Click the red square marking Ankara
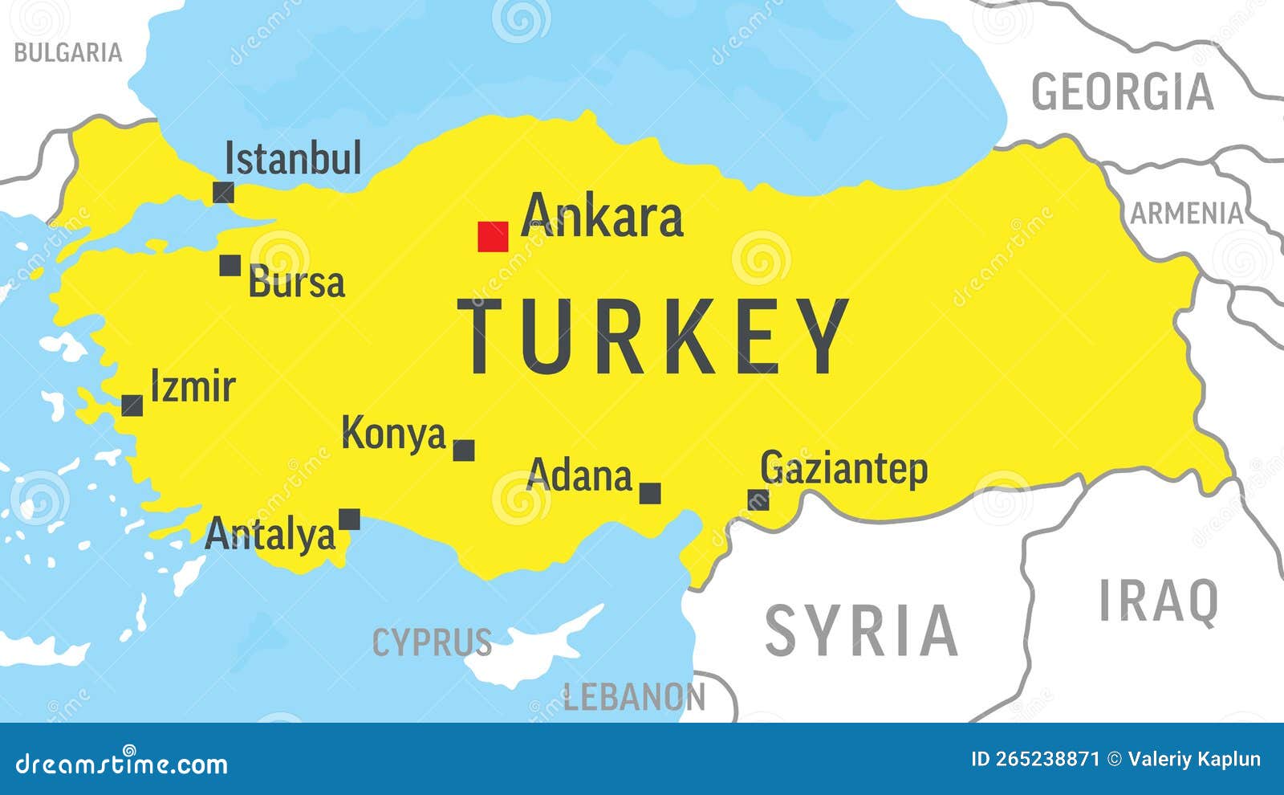pyautogui.click(x=493, y=237)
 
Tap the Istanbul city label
pyautogui.click(x=293, y=158)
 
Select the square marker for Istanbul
pyautogui.click(x=223, y=193)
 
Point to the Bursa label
pyautogui.click(x=297, y=283)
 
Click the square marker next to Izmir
pyautogui.click(x=132, y=406)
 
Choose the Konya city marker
pyautogui.click(x=464, y=450)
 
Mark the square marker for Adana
pyautogui.click(x=650, y=493)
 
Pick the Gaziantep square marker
pyautogui.click(x=758, y=500)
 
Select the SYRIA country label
pyautogui.click(x=861, y=631)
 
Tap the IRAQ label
pyautogui.click(x=1158, y=601)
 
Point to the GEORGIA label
pyautogui.click(x=1122, y=92)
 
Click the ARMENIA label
pyautogui.click(x=1187, y=214)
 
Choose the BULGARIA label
pyautogui.click(x=68, y=53)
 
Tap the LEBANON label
pyautogui.click(x=634, y=697)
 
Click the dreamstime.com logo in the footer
pyautogui.click(x=121, y=763)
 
